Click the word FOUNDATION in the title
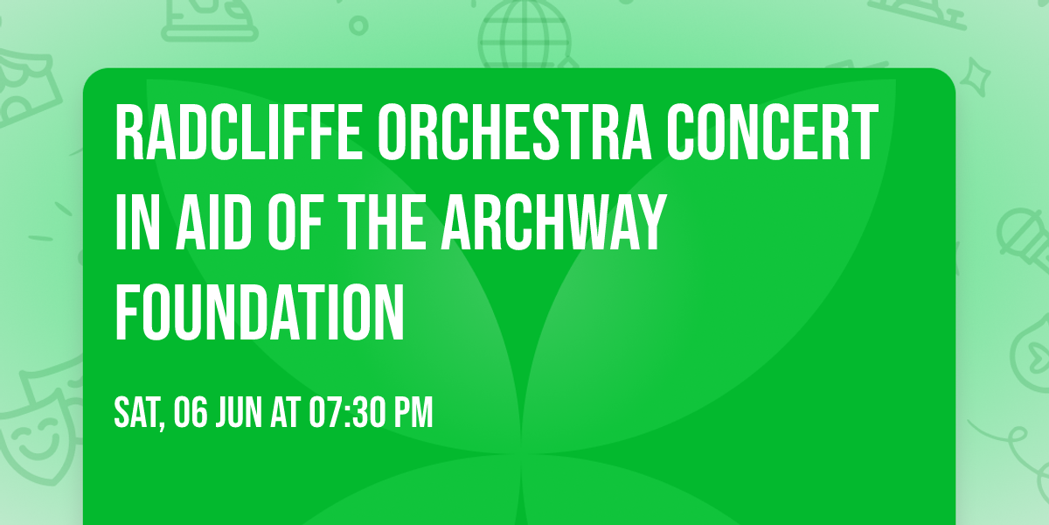click(261, 312)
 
